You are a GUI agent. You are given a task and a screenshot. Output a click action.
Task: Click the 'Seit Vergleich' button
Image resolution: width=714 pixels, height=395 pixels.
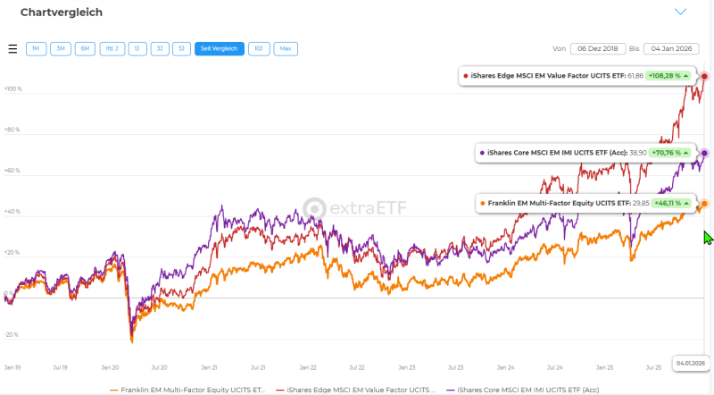click(x=220, y=49)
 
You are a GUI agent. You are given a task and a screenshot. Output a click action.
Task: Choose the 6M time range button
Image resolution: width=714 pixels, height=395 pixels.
click(x=86, y=49)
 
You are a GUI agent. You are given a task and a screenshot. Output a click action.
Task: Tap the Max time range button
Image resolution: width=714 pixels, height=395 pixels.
click(x=286, y=49)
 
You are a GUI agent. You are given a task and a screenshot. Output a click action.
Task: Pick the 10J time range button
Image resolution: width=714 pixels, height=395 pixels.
click(x=259, y=49)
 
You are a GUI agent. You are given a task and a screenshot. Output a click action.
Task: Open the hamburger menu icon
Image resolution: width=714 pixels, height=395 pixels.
click(x=12, y=49)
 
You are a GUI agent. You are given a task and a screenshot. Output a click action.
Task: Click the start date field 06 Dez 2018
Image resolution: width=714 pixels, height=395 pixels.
click(x=597, y=49)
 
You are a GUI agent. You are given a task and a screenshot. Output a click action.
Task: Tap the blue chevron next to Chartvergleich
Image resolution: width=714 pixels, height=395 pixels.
click(x=680, y=13)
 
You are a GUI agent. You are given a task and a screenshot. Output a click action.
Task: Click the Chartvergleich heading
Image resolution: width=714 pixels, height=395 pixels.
click(x=62, y=13)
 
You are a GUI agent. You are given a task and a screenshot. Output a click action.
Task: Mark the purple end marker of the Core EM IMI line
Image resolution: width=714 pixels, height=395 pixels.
click(x=704, y=153)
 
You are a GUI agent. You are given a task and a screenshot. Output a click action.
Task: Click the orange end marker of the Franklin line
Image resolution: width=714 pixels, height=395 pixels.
click(x=704, y=204)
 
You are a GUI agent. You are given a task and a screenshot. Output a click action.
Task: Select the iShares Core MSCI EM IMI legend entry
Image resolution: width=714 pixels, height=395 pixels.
click(x=527, y=390)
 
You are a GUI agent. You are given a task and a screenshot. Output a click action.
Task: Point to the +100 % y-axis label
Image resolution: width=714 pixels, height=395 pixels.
click(x=12, y=88)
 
